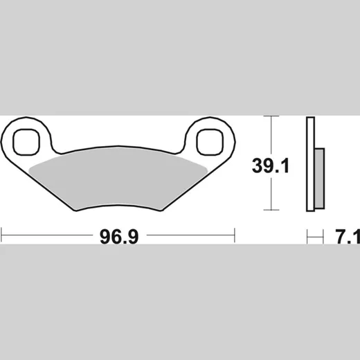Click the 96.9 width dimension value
(x=119, y=237)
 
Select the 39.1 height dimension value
(x=271, y=165)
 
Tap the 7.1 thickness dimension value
(x=348, y=237)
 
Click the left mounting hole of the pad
(x=26, y=142)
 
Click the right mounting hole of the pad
(x=210, y=142)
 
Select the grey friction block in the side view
(x=320, y=179)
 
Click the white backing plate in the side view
(x=310, y=164)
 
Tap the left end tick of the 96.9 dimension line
(x=1, y=235)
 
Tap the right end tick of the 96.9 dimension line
(x=235, y=235)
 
